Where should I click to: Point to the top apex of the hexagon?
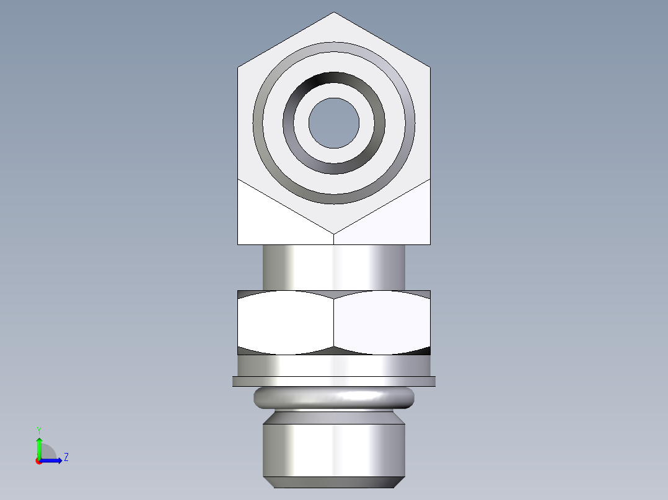334,13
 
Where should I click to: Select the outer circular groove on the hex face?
334,48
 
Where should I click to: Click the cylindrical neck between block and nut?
334,267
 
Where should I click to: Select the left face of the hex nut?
286,322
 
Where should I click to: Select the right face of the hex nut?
382,322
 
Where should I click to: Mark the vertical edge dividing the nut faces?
334,322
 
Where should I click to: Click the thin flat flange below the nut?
334,381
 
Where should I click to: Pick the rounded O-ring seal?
334,398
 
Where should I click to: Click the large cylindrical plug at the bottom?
334,449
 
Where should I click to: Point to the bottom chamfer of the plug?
334,482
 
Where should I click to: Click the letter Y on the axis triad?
38,429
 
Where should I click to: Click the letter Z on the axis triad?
66,457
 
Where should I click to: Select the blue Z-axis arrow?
53,460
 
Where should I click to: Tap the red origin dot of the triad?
38,461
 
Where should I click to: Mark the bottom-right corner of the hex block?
430,244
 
